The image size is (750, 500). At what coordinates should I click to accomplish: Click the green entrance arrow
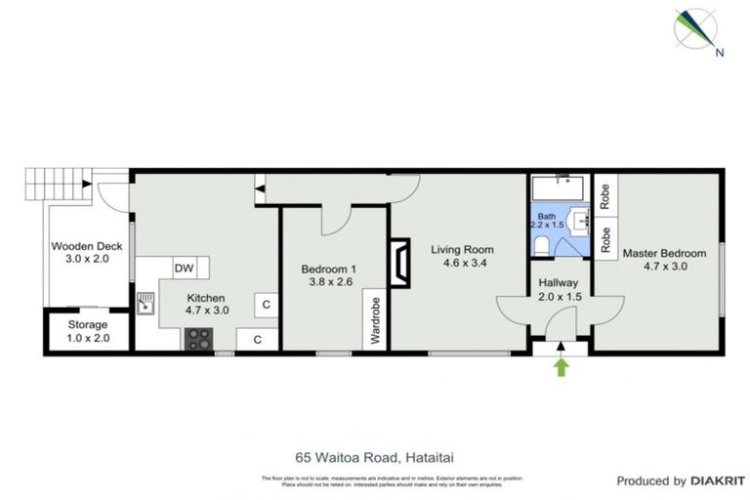tap(561, 367)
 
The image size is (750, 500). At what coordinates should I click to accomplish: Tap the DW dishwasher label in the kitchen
tap(183, 268)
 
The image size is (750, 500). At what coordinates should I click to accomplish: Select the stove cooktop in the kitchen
tap(199, 338)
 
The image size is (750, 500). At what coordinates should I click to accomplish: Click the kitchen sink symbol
tap(146, 305)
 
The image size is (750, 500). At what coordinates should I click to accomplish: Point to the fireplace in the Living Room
tap(399, 263)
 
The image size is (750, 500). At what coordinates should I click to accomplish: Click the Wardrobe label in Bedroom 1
tap(374, 322)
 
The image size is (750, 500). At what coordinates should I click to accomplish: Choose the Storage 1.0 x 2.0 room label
tap(87, 331)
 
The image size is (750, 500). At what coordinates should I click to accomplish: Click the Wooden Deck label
tap(86, 253)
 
